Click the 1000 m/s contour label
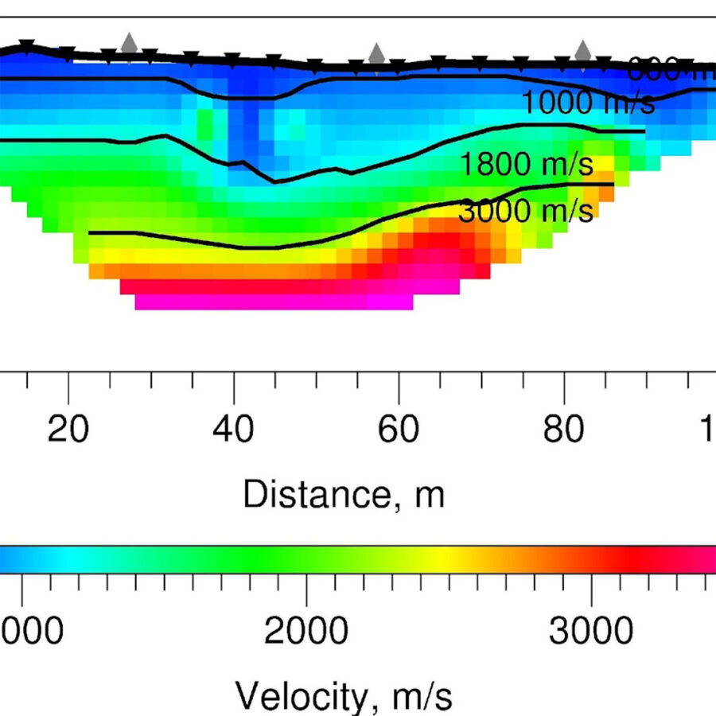pyautogui.click(x=588, y=103)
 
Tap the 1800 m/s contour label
pyautogui.click(x=527, y=165)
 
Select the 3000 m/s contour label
pyautogui.click(x=527, y=211)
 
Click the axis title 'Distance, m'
pyautogui.click(x=343, y=494)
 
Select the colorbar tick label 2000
pyautogui.click(x=306, y=633)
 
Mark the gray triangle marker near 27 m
pyautogui.click(x=129, y=44)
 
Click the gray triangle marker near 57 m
pyautogui.click(x=377, y=54)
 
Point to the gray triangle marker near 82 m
pyautogui.click(x=583, y=50)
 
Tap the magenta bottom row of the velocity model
pyautogui.click(x=274, y=302)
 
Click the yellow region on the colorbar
pyautogui.click(x=446, y=559)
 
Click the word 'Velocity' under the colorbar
pyautogui.click(x=302, y=697)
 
